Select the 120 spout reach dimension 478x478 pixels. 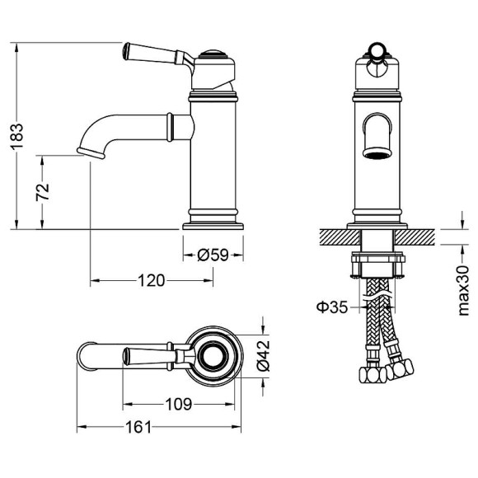point(149,281)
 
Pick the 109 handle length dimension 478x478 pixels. point(179,404)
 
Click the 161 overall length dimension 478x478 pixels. point(138,427)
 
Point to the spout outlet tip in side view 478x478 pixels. point(89,152)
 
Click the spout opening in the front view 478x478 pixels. point(376,152)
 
